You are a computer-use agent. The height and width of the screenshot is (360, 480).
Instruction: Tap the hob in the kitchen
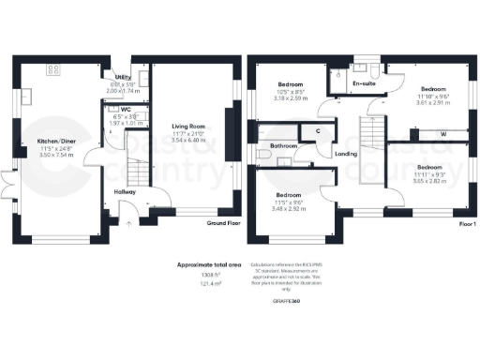(52, 68)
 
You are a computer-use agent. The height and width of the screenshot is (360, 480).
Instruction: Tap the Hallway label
(124, 192)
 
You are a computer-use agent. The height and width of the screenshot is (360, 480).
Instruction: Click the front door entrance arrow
(127, 225)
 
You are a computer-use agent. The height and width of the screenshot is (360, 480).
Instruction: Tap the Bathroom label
(283, 146)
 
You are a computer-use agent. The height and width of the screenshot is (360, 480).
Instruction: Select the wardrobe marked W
(442, 132)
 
